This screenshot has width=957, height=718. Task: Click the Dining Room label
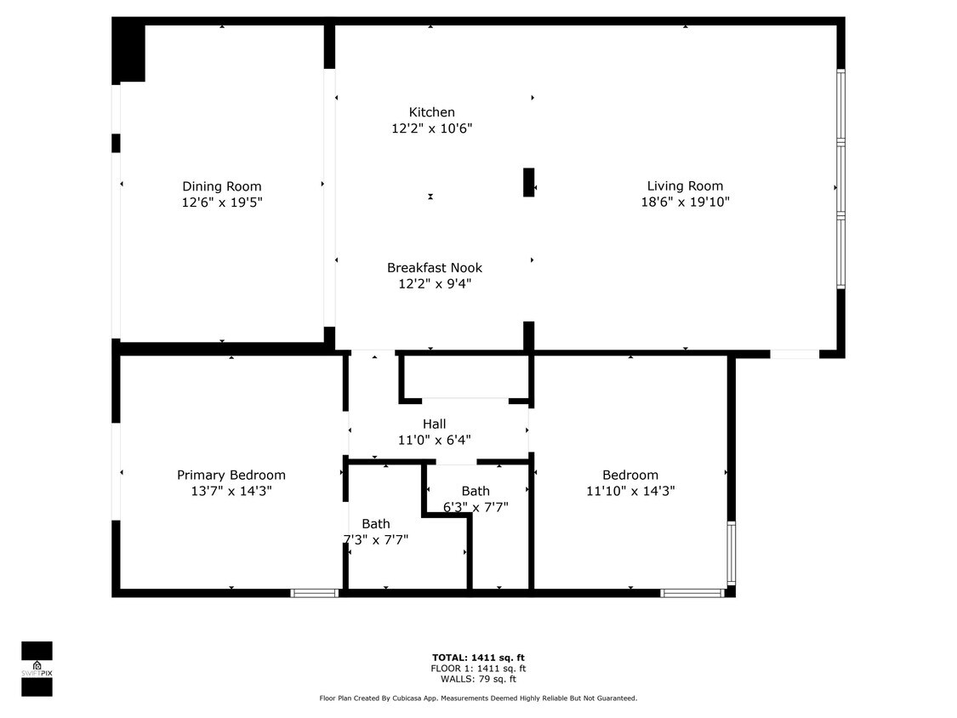click(x=221, y=186)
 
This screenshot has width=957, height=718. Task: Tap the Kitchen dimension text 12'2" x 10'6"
click(x=431, y=128)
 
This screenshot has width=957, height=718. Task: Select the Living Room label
click(x=685, y=186)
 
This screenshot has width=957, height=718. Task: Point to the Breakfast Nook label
click(x=434, y=267)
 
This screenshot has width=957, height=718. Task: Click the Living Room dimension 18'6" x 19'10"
click(x=685, y=202)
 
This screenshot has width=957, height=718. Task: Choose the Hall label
click(x=434, y=424)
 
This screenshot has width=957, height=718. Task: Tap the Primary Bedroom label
click(x=231, y=475)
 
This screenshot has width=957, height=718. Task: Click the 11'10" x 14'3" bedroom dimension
click(x=630, y=491)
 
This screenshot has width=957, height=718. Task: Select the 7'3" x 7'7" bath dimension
click(x=375, y=538)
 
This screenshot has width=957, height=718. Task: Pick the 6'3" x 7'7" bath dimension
click(x=476, y=508)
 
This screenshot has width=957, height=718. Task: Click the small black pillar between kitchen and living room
click(x=528, y=182)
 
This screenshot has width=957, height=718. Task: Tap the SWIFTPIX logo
click(x=37, y=669)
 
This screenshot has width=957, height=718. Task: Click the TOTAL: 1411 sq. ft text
click(x=477, y=658)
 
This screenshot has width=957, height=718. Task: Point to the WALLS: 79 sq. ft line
click(x=477, y=679)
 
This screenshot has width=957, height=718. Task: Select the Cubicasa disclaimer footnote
click(x=477, y=698)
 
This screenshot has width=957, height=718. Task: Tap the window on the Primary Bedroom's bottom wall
click(x=315, y=593)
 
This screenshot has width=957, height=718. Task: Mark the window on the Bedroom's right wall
click(x=731, y=552)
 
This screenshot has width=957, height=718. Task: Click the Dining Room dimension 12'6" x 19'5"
click(x=221, y=202)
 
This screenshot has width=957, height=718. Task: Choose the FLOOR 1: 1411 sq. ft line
click(x=477, y=669)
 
